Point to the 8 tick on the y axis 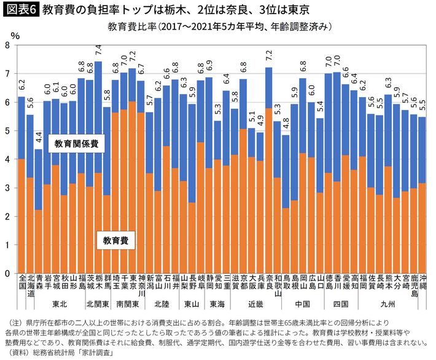click(7, 45)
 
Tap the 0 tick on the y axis click(7, 273)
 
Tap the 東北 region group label click(60, 303)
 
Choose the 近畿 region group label click(255, 303)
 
